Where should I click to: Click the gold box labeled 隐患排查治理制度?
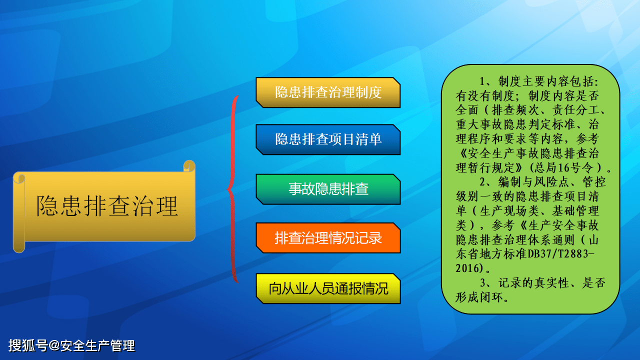click(328, 92)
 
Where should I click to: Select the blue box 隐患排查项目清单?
click(328, 139)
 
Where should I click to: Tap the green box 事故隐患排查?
click(328, 189)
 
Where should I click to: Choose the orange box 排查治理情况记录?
click(328, 238)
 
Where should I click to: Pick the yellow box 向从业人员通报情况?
click(328, 288)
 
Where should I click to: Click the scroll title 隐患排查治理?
click(107, 206)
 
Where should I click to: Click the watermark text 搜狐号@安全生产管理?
click(71, 345)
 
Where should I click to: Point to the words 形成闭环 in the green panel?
click(480, 297)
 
